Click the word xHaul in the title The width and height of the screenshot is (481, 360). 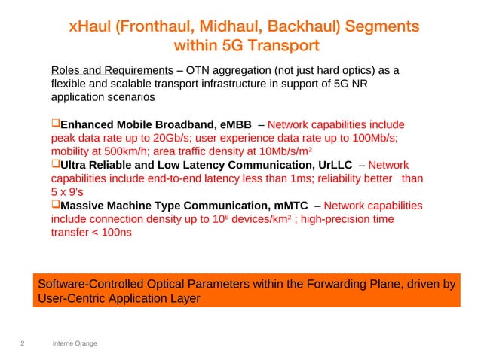[x=87, y=26]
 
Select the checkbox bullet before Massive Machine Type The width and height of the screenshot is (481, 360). [x=55, y=206]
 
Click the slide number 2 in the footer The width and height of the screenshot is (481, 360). [x=22, y=344]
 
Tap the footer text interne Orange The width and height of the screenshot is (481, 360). [x=75, y=344]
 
